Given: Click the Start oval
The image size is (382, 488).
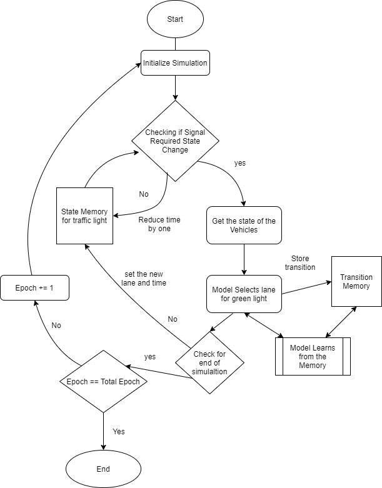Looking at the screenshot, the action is pos(175,19).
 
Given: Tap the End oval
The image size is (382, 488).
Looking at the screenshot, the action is pos(103,469).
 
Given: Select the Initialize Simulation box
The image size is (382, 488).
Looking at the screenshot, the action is pos(175,63).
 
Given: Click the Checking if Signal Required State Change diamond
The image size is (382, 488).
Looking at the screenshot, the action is pos(175,141).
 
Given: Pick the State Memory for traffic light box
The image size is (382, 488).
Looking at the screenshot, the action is pos(84,216).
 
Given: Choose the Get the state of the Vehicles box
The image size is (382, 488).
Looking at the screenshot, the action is pos(244,225).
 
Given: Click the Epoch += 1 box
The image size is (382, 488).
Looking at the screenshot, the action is pos(34,288).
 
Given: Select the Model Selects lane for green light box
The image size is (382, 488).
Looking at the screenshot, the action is pos(244,294).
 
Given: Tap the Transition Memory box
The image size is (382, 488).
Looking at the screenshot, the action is pos(356,281).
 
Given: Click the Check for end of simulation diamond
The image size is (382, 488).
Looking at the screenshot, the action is pos(209,362).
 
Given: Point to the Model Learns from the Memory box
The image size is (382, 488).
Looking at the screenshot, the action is pos(313,356).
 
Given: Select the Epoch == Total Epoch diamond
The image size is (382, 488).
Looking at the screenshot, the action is pos(103,381).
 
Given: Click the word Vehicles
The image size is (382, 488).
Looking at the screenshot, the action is pos(244,230).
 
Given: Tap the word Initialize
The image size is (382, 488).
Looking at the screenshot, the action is pos(156,63).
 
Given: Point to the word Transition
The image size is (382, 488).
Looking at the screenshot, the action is pos(356,277).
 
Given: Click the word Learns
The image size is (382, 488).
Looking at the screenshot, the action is pos(323,348).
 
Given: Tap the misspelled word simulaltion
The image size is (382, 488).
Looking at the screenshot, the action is pos(209,372).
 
